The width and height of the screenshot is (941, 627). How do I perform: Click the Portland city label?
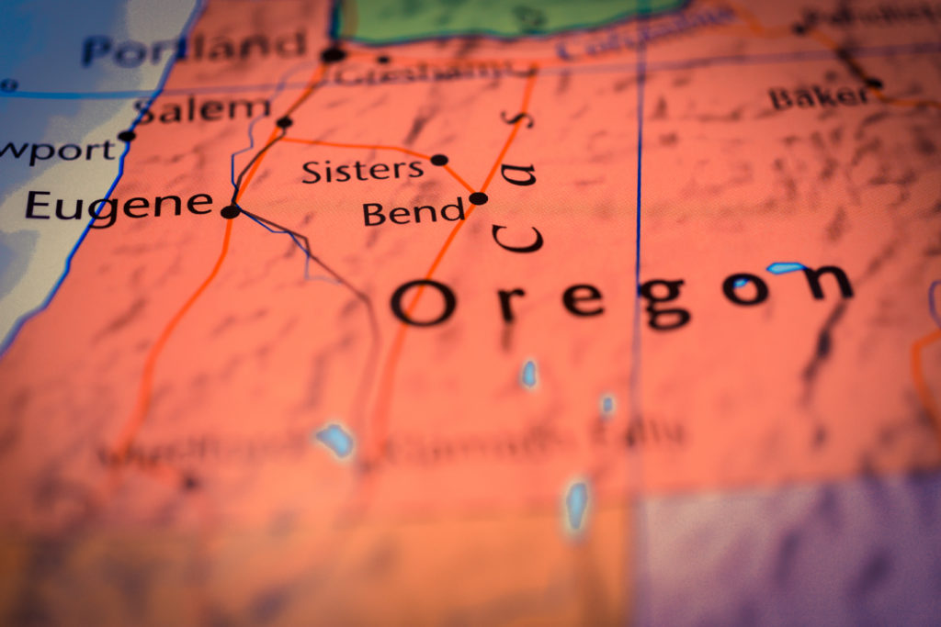click(x=193, y=46)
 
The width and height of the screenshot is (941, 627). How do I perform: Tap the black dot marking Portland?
click(x=333, y=55)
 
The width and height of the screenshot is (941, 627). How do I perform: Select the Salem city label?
click(x=202, y=109)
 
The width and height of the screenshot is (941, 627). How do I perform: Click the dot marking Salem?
click(x=284, y=122)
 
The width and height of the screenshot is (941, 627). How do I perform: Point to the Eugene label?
click(x=119, y=204)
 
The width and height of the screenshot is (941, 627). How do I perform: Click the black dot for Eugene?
click(x=230, y=211)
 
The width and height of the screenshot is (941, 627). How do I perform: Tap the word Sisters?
click(x=362, y=170)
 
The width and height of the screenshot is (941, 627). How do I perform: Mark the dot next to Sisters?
click(x=439, y=160)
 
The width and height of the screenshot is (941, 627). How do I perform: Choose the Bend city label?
click(x=414, y=213)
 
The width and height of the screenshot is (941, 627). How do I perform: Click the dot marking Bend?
click(x=478, y=197)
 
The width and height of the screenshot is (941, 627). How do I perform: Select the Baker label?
click(x=818, y=95)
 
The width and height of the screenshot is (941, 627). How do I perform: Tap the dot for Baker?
click(x=874, y=84)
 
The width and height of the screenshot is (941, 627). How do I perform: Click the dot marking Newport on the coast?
click(x=126, y=136)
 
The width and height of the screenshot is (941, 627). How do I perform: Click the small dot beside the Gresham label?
click(x=383, y=60)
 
